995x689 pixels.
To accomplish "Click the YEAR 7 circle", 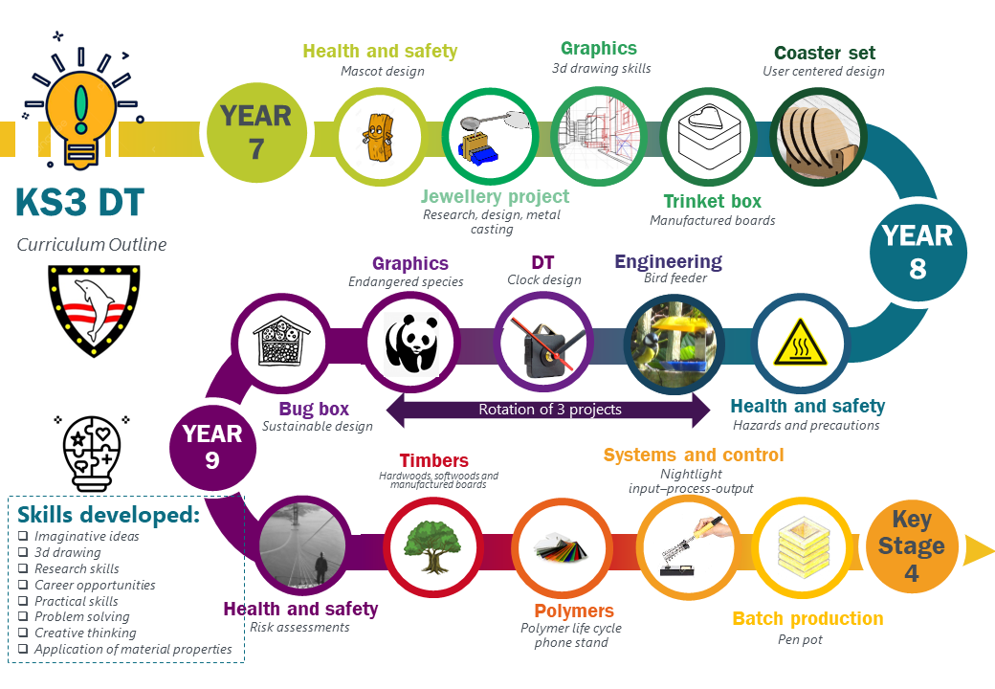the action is (257, 133).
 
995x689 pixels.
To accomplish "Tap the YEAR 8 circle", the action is (918, 253).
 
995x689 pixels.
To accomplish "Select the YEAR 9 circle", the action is (212, 448).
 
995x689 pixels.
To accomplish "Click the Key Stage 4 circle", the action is (912, 546).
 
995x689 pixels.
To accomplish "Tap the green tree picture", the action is (433, 546).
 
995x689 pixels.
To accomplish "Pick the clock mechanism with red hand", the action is (546, 346).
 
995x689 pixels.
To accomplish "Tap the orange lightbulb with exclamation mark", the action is (81, 108).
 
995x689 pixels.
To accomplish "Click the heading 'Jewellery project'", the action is (495, 197).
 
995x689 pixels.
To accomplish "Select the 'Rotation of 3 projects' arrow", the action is (549, 410).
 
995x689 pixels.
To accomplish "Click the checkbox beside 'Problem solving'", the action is (23, 616).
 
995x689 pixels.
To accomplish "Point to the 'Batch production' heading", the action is (807, 618).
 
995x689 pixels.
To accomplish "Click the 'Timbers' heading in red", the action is (434, 460).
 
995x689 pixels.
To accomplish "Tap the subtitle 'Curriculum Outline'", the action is (92, 245).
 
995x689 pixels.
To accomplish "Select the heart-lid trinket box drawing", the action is (708, 137).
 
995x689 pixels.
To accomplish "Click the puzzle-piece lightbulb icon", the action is (92, 453).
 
